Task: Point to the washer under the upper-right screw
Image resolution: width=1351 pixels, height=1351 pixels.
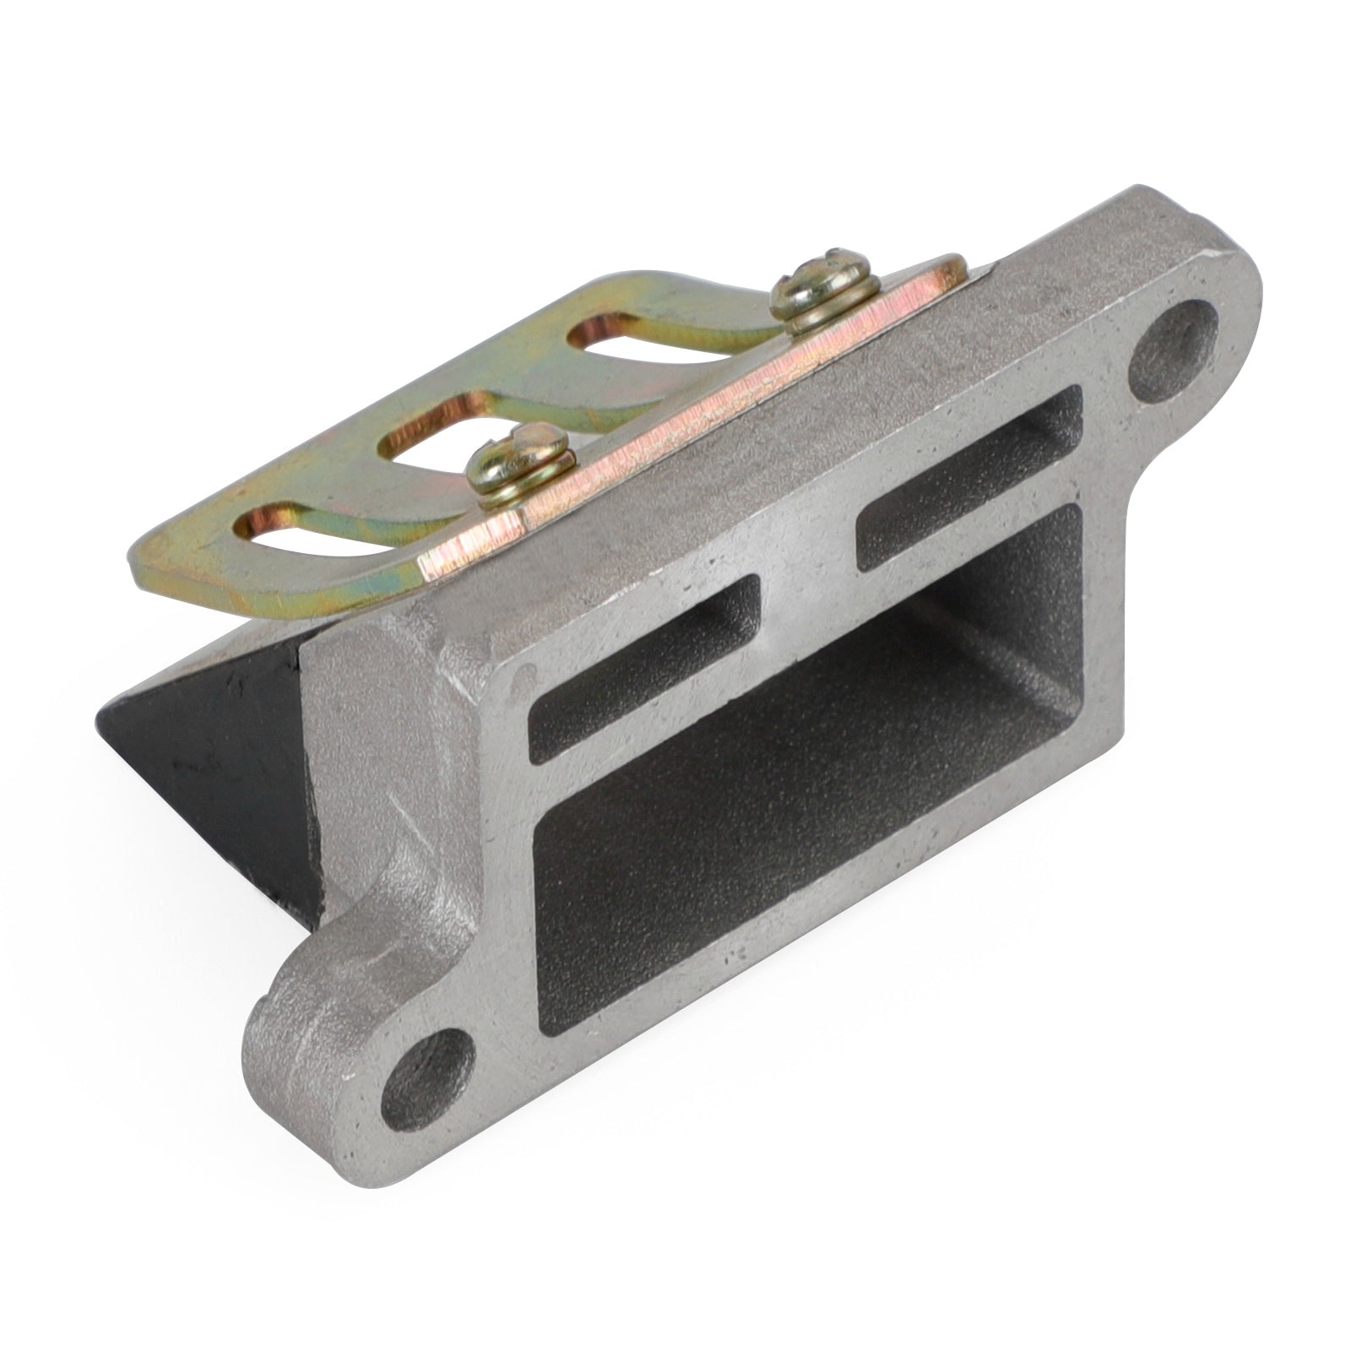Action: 815,321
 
